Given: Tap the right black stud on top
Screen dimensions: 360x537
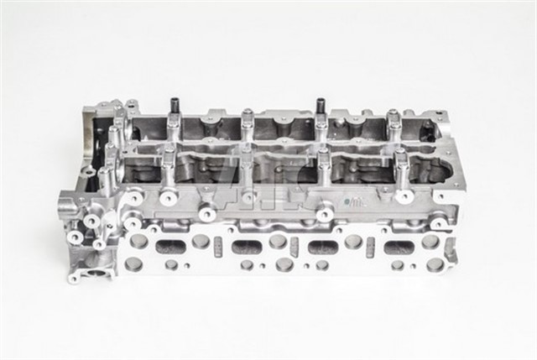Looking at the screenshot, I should (321, 107).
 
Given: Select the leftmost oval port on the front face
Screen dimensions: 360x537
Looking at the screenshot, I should (171, 247).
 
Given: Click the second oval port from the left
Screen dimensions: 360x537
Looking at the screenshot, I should (247, 247).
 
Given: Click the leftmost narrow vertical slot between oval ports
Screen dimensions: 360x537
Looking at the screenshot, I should (217, 248).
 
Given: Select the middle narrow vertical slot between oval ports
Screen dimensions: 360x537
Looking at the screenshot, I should (294, 248).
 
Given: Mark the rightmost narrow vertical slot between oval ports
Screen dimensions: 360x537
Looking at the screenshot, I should (368, 248).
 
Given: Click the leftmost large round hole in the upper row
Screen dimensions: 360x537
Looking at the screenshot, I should (139, 241).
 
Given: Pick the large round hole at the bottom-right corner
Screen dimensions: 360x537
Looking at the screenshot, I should (435, 264).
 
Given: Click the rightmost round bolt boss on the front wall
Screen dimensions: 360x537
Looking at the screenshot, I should (403, 196).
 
